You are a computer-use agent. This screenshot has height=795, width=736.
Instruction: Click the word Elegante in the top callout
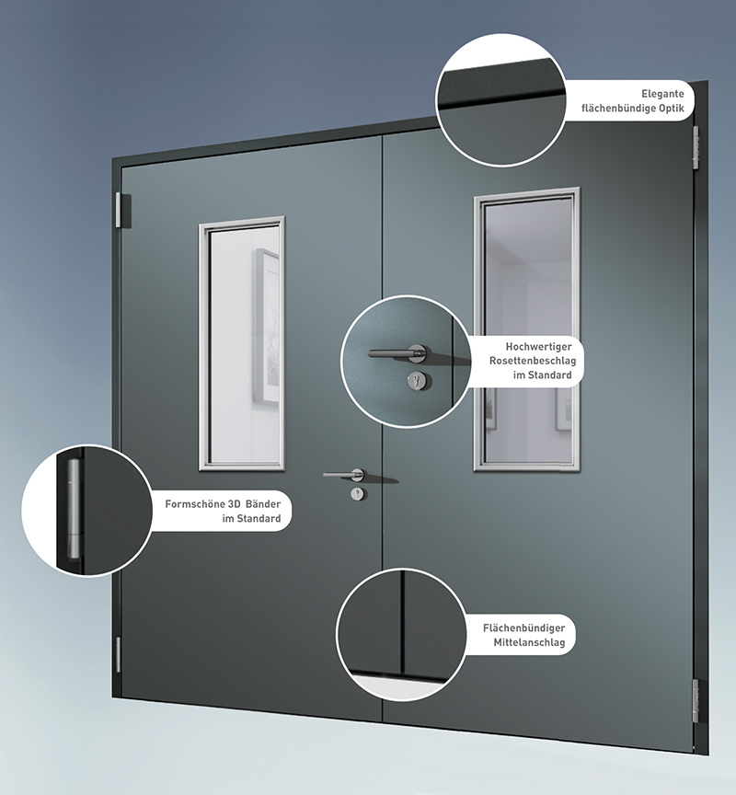[x=662, y=94]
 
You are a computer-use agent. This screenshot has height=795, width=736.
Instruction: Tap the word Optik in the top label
[x=671, y=108]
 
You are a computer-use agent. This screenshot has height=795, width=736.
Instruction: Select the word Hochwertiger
[x=538, y=347]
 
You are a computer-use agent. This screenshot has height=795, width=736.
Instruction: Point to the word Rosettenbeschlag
[x=533, y=361]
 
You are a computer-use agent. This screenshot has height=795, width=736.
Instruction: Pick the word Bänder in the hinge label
[x=263, y=504]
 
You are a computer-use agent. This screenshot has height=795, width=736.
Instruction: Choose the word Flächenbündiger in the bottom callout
[x=523, y=628]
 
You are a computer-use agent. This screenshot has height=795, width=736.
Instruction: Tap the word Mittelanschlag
[x=529, y=642]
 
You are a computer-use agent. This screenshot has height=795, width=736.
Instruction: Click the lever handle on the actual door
[x=344, y=475]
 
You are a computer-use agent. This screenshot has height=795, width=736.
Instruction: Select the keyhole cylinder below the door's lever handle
[x=359, y=494]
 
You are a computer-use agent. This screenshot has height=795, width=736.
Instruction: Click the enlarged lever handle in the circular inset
[x=398, y=353]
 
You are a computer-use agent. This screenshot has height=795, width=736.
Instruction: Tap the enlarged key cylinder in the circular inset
[x=420, y=380]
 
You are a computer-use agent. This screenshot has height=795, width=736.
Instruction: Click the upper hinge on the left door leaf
[x=120, y=210]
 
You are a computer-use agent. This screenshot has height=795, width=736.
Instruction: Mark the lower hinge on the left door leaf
[x=119, y=655]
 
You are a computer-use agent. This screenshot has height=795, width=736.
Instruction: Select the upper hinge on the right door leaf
[x=696, y=147]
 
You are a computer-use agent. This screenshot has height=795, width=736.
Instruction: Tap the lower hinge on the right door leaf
[x=696, y=701]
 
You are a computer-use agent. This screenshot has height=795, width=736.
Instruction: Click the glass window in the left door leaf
[x=242, y=344]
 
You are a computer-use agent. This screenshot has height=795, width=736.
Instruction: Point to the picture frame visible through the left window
[x=267, y=326]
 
